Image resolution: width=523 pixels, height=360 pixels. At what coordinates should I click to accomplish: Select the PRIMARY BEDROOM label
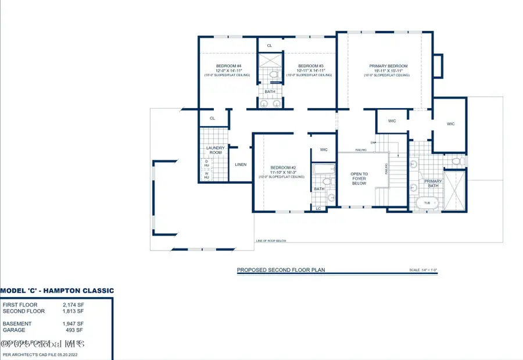point(388,66)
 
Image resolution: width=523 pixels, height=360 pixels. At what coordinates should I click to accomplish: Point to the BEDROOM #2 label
point(282,167)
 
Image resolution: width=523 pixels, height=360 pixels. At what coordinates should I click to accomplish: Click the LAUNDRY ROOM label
point(215,150)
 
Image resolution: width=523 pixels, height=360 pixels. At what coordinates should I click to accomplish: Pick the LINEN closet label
point(241,165)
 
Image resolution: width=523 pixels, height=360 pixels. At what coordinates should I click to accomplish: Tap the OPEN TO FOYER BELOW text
point(359,179)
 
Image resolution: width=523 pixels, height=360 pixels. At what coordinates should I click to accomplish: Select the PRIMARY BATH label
point(433,184)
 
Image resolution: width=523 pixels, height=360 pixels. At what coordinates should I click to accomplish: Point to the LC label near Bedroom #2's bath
point(318,208)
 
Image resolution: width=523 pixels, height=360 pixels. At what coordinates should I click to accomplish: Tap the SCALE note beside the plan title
point(422,270)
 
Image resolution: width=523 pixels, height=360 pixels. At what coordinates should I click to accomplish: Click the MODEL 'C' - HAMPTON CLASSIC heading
point(57,290)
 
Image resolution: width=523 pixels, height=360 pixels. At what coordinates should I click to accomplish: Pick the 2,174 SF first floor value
point(73,305)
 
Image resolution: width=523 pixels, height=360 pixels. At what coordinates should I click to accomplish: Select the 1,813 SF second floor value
point(73,311)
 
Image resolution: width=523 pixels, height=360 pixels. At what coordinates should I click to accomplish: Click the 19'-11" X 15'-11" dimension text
point(388,70)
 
